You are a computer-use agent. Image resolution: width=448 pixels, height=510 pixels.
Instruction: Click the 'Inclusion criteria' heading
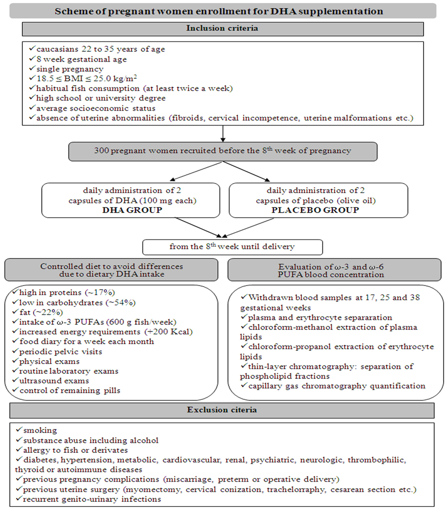click(x=224, y=28)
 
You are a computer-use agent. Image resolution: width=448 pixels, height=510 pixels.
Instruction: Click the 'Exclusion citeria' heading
click(x=224, y=410)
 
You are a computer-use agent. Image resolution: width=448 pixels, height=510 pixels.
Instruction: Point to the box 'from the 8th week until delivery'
click(x=232, y=246)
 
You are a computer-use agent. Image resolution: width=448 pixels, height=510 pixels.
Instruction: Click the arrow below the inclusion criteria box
click(x=224, y=134)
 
